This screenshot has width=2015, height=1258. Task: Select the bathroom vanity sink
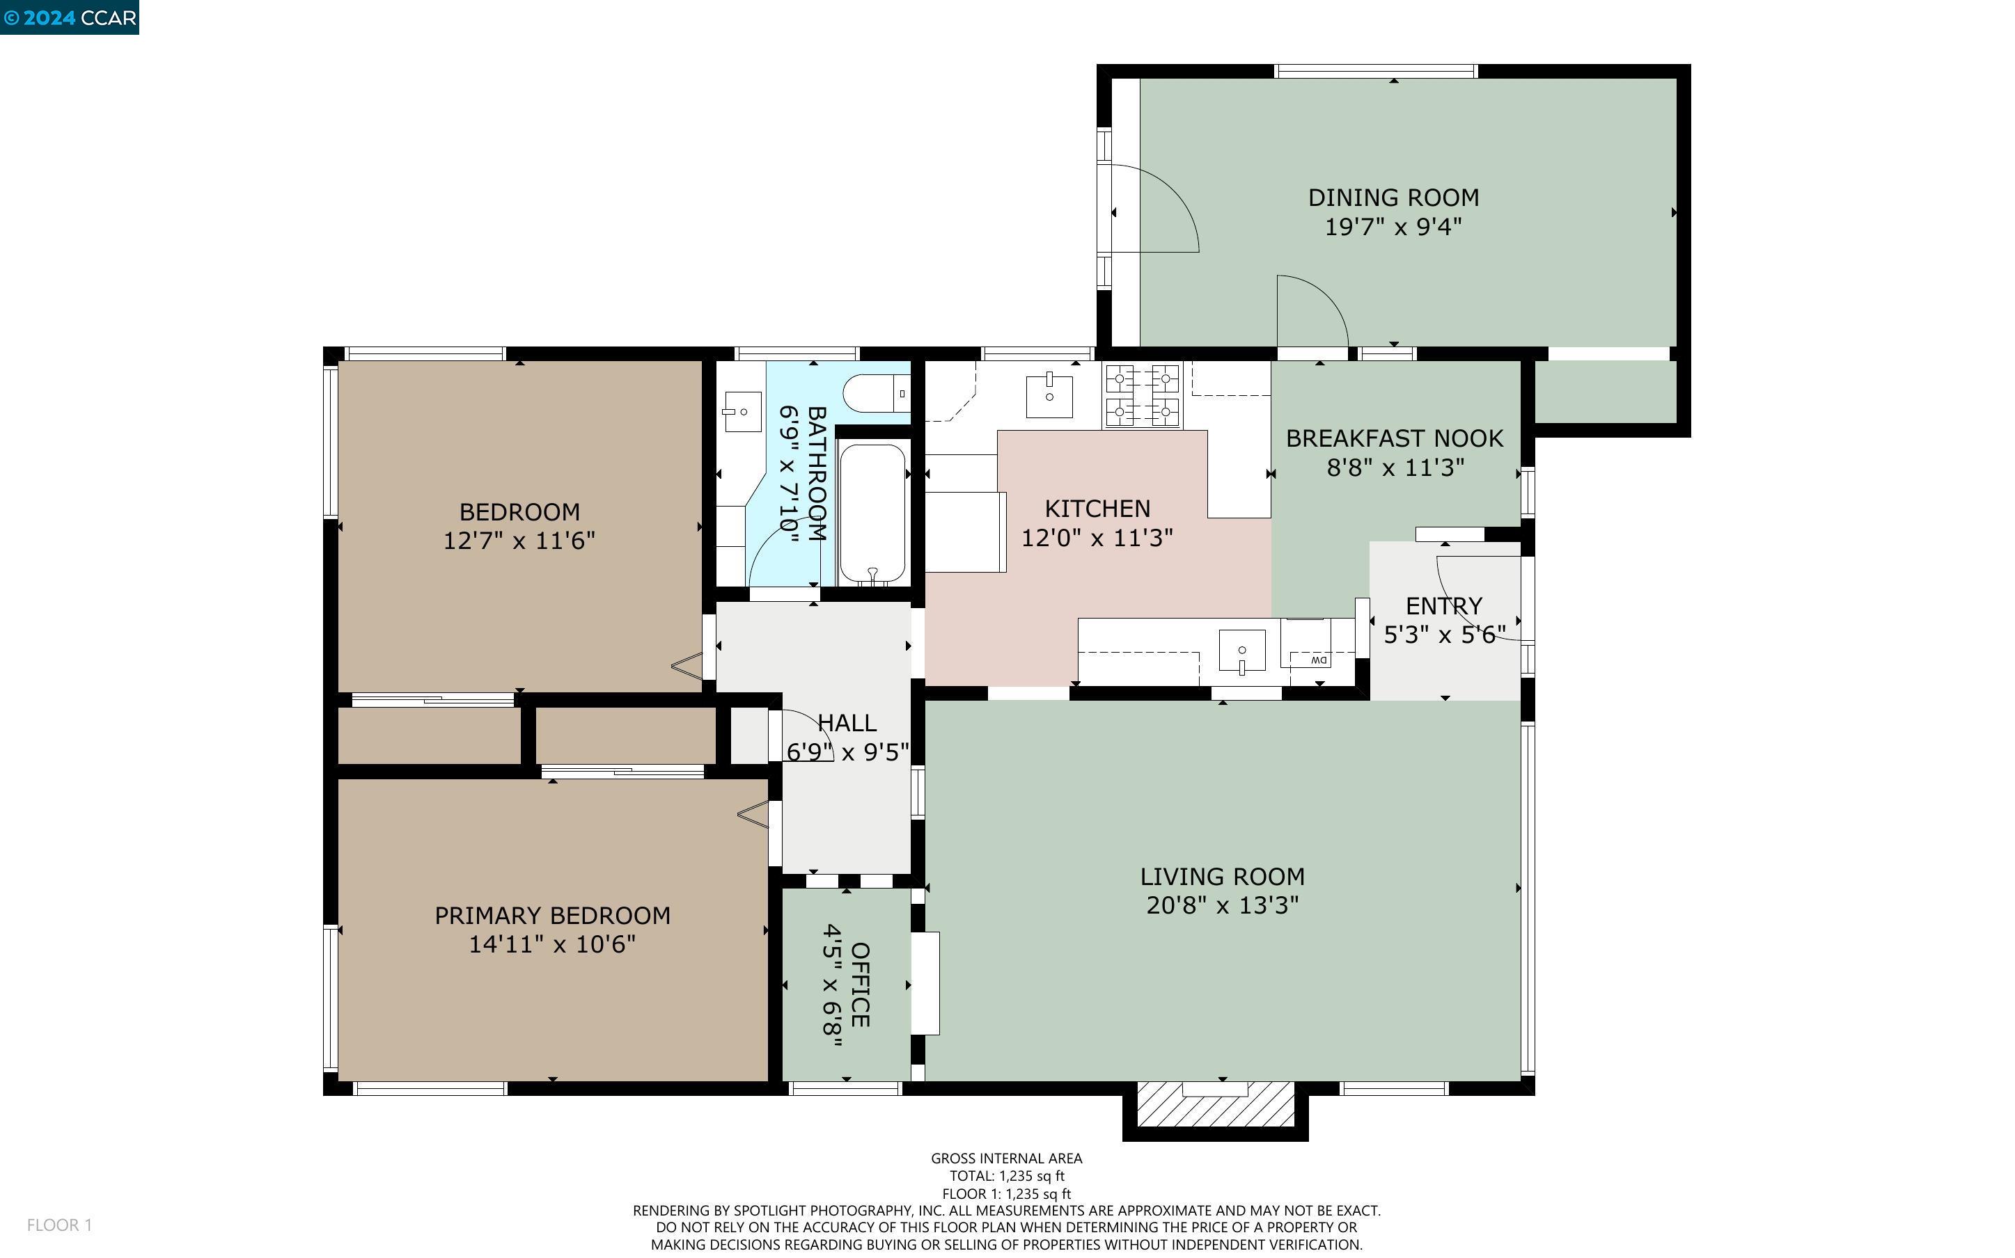pos(742,411)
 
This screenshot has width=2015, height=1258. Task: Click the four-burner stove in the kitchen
pos(1142,396)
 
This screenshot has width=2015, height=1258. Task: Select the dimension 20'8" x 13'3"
pos(1222,905)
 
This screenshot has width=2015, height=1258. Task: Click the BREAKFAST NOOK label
pos(1394,438)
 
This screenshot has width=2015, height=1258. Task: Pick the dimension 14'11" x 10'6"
pos(552,944)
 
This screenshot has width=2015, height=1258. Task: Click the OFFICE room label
pos(861,985)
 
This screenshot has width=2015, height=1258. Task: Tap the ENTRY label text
pos(1443,606)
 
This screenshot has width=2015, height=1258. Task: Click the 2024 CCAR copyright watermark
pos(69,17)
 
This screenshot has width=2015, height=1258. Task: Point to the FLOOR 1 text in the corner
pos(59,1225)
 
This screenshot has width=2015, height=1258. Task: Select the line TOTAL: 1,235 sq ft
pos(1006,1176)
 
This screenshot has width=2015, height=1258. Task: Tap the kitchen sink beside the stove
pos(1049,396)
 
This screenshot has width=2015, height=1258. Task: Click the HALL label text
pos(847,723)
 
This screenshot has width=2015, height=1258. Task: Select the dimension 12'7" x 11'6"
pos(519,541)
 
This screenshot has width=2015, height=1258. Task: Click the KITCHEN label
pos(1097,509)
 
